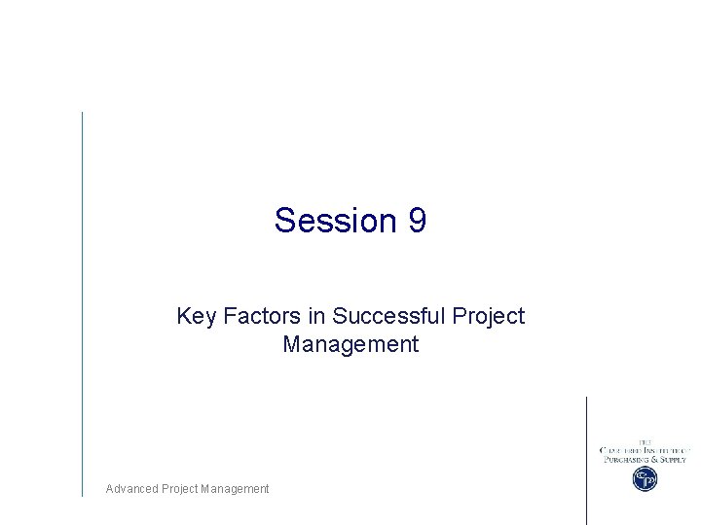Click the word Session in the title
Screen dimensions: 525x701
(331, 221)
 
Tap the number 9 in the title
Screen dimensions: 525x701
(417, 221)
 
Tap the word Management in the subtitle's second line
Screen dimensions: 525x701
(350, 344)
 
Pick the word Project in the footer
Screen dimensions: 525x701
(179, 489)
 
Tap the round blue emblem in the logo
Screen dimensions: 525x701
(645, 478)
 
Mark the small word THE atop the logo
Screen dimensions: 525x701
(645, 441)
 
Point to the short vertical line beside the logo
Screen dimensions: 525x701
(586, 459)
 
